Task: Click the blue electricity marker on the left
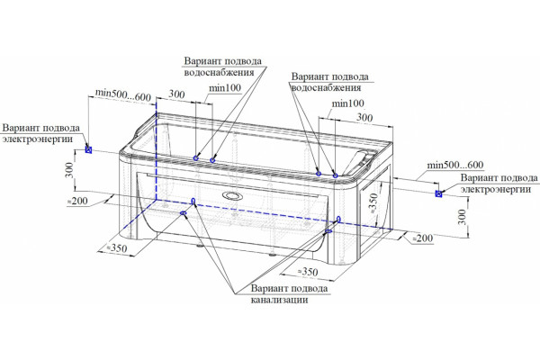[x=88, y=149]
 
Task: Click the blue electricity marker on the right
[x=438, y=193]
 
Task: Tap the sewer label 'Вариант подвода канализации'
[x=289, y=294]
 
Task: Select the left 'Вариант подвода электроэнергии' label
[x=41, y=133]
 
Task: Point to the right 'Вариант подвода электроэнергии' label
[x=499, y=184]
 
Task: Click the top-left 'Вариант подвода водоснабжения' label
[x=223, y=67]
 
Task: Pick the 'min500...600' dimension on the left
[x=123, y=95]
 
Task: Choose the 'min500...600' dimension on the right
[x=454, y=165]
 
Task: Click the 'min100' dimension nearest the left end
[x=225, y=88]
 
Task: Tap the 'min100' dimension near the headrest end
[x=347, y=103]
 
